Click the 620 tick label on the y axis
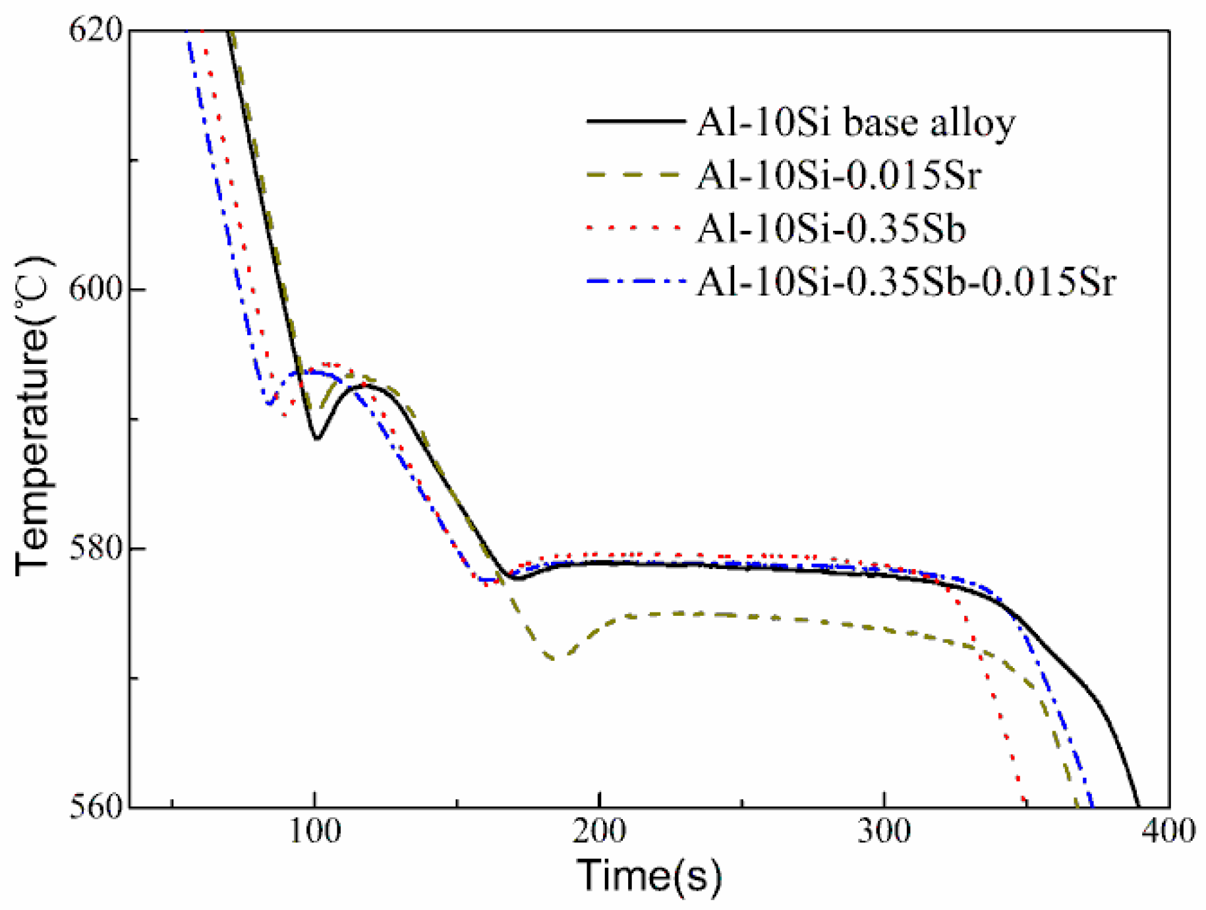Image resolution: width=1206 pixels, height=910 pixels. point(96,30)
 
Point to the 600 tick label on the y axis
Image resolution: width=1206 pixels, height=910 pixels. point(96,290)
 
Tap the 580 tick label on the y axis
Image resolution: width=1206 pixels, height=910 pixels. point(96,549)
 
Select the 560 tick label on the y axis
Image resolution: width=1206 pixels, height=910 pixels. point(96,808)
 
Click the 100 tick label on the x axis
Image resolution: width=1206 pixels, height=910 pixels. point(316,832)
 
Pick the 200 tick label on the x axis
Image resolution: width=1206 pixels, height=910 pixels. point(599,832)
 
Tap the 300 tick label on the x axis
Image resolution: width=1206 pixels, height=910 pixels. point(884,832)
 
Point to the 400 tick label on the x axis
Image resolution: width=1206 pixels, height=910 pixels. point(1167,832)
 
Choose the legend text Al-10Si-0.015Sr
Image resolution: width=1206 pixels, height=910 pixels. point(839,176)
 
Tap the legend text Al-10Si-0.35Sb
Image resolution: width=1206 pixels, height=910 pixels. point(830,229)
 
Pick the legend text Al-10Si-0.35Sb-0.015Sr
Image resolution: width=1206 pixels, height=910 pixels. point(905,282)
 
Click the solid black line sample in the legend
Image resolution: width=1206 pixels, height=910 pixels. point(635,121)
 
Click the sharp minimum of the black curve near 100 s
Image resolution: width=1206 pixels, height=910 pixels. point(317,439)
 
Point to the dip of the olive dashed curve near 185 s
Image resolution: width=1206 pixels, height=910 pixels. point(555,659)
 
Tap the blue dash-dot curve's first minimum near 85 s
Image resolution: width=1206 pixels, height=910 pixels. point(269,404)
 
